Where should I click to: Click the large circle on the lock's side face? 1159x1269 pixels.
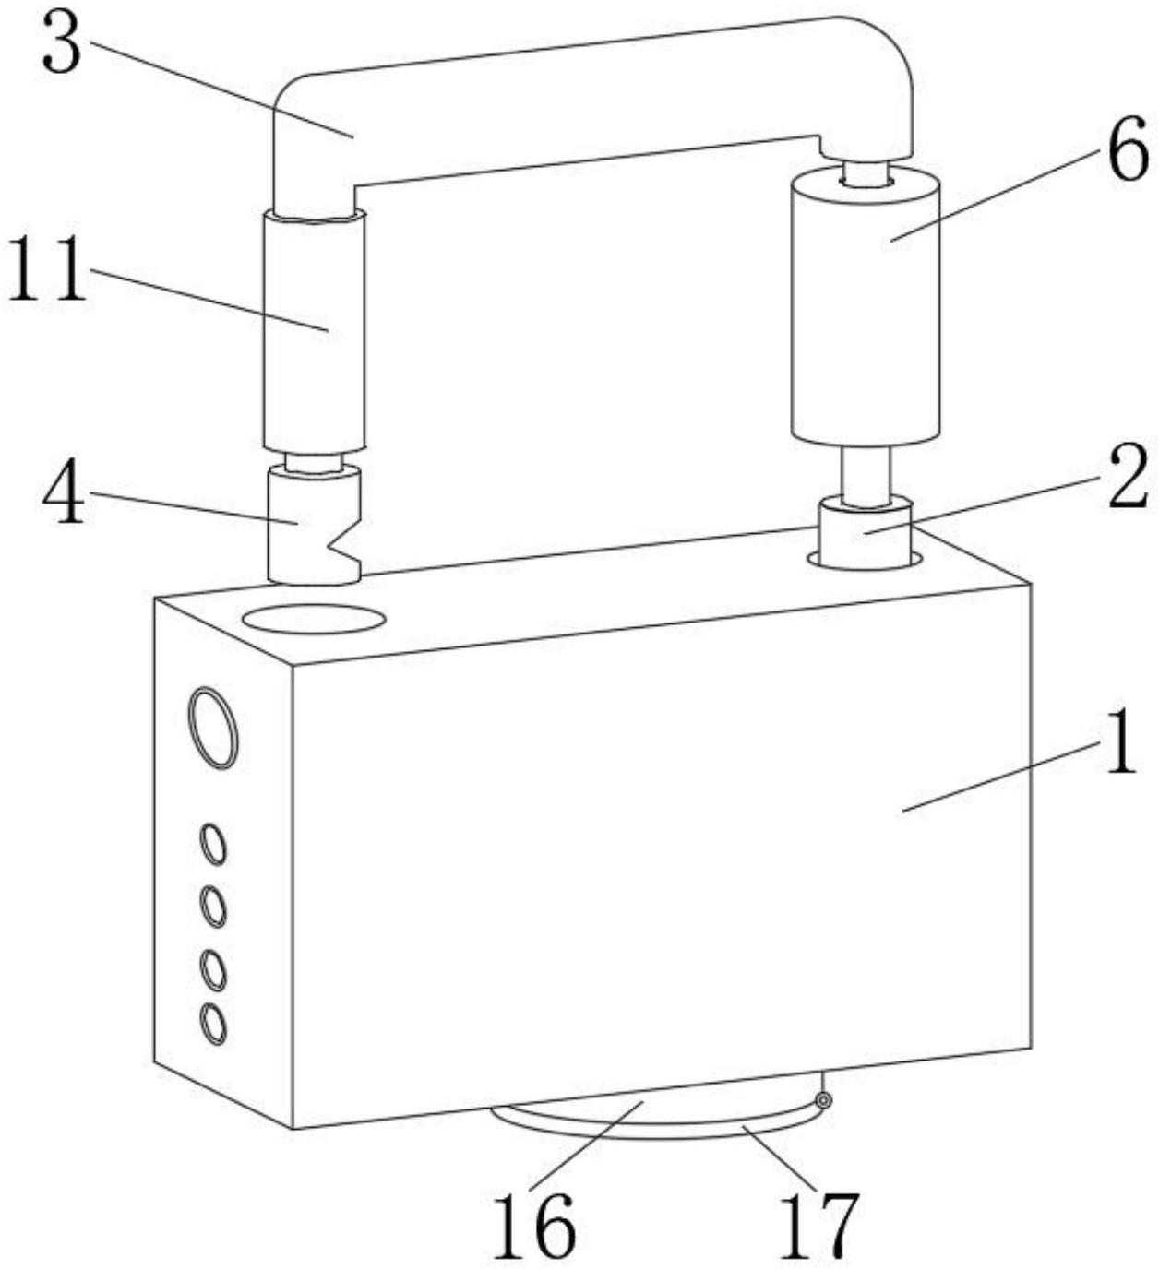click(x=213, y=727)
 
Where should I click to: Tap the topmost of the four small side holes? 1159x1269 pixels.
click(x=214, y=845)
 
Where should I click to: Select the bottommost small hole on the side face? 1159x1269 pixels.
click(x=213, y=1024)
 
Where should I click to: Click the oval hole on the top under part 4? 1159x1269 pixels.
click(x=314, y=620)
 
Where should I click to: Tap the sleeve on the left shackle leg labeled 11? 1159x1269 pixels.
click(x=314, y=332)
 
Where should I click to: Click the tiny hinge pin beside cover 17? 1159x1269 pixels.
click(x=824, y=1101)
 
